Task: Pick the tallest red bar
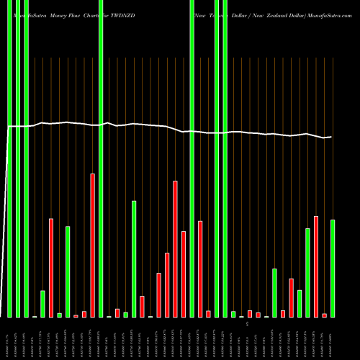pyautogui.click(x=92, y=245)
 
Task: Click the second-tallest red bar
pyautogui.click(x=175, y=248)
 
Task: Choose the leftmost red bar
pyautogui.click(x=51, y=267)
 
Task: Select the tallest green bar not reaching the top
pyautogui.click(x=134, y=258)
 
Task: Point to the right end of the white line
pyautogui.click(x=331, y=137)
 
